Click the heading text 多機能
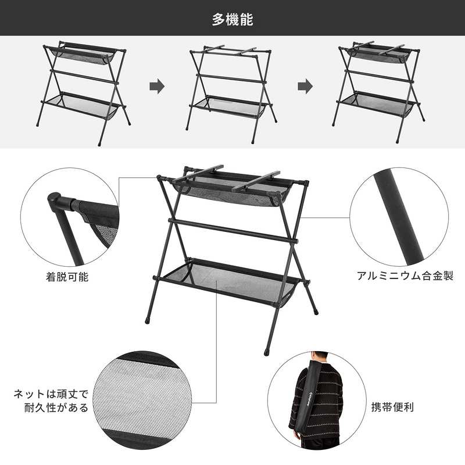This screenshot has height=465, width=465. click(233, 19)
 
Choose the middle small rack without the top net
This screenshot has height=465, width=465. click(230, 93)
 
